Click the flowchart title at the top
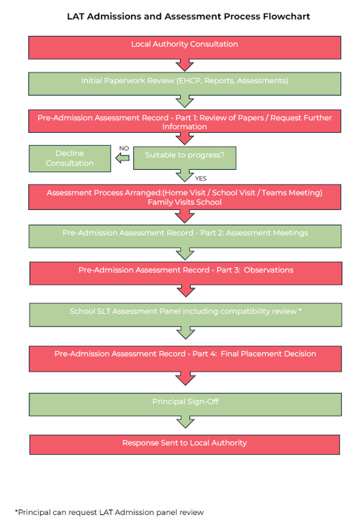coord(188,16)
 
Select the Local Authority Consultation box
coord(185,48)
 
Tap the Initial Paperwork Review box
coord(185,84)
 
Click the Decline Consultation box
coord(69,158)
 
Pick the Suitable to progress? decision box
coord(185,158)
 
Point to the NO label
coord(124,148)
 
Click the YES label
coord(201,178)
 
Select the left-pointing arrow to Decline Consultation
coord(122,158)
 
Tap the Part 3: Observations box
coord(186,273)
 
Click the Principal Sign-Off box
coord(185,404)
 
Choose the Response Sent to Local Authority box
coord(185,445)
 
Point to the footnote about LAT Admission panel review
coord(109,512)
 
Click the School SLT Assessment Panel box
coord(185,315)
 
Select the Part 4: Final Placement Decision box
coord(185,359)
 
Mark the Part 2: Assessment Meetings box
coord(185,236)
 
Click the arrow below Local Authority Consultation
coord(185,65)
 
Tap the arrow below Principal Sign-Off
coord(185,422)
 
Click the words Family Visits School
coord(185,202)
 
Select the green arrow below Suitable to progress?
coord(185,175)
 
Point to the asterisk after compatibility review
coord(300,310)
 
